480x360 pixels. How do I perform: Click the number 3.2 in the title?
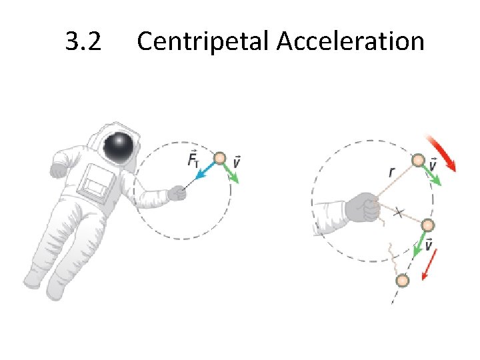coord(83,42)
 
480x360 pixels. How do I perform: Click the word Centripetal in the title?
coord(203,43)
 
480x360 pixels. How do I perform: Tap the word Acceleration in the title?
coord(350,42)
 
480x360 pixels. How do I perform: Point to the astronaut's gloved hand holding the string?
coord(177,193)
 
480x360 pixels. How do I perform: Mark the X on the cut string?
coord(399,213)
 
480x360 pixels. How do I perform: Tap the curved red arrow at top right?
coord(442,153)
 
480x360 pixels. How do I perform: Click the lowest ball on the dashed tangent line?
coord(401,281)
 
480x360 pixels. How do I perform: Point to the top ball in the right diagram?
coord(418,161)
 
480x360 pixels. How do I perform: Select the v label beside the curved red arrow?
coord(434,163)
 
